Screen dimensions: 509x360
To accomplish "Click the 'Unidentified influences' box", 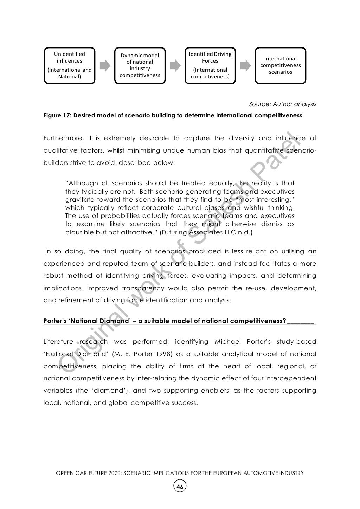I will click(x=70, y=65).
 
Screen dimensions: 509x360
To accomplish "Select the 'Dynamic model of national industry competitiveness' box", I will click(x=140, y=65).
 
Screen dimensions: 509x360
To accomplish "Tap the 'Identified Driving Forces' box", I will click(x=210, y=65).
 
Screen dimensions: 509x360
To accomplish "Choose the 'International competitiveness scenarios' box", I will click(x=281, y=65).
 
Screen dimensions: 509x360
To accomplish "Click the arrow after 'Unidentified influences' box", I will click(x=105, y=65).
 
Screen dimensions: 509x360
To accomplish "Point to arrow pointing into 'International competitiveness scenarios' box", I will click(x=245, y=65).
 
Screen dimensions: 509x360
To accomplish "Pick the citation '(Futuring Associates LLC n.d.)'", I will click(x=206, y=232).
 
